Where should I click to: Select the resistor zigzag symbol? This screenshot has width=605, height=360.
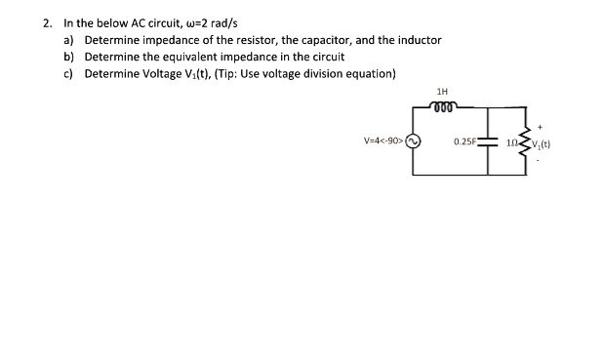tap(527, 142)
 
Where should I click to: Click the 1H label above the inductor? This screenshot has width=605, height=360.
tap(442, 92)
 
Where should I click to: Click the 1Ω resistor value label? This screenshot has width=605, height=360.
tap(514, 143)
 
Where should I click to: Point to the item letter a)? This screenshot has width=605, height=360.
tap(69, 40)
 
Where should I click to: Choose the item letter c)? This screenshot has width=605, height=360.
tap(69, 74)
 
